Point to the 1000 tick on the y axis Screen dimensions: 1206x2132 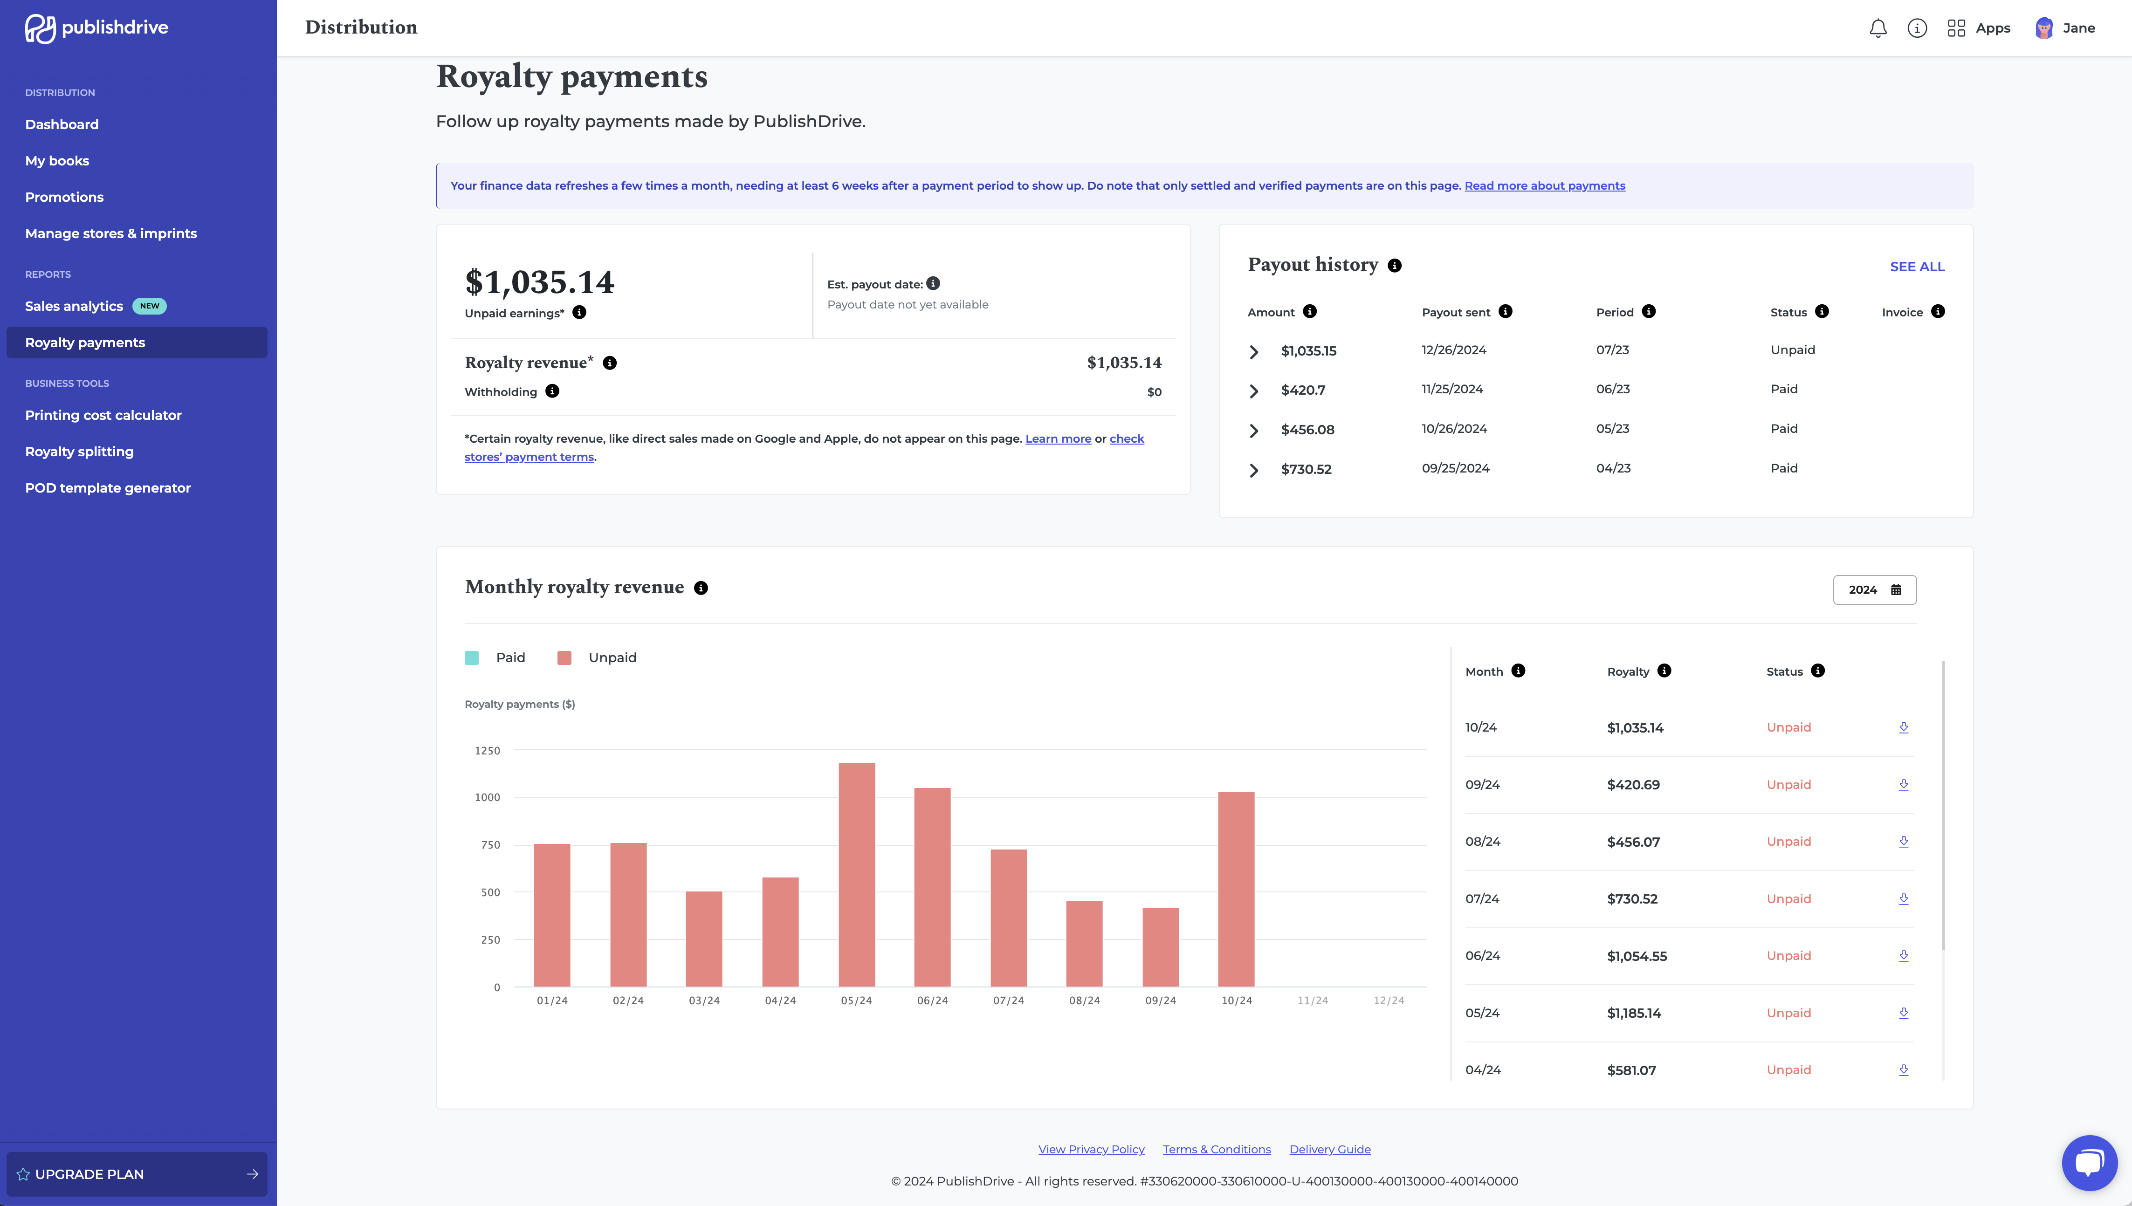487,798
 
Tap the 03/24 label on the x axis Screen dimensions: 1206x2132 704,1000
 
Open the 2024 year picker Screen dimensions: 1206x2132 1874,590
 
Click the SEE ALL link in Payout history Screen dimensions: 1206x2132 1917,267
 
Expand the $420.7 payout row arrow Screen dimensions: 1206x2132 1254,391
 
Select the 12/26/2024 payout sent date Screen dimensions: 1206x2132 1454,349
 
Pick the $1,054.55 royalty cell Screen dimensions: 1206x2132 1637,956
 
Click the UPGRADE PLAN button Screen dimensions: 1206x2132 137,1174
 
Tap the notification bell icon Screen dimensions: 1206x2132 1878,28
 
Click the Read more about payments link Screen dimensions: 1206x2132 1544,185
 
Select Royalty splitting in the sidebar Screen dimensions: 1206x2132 80,452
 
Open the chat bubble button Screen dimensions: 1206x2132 2089,1162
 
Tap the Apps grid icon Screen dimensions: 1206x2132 1955,28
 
